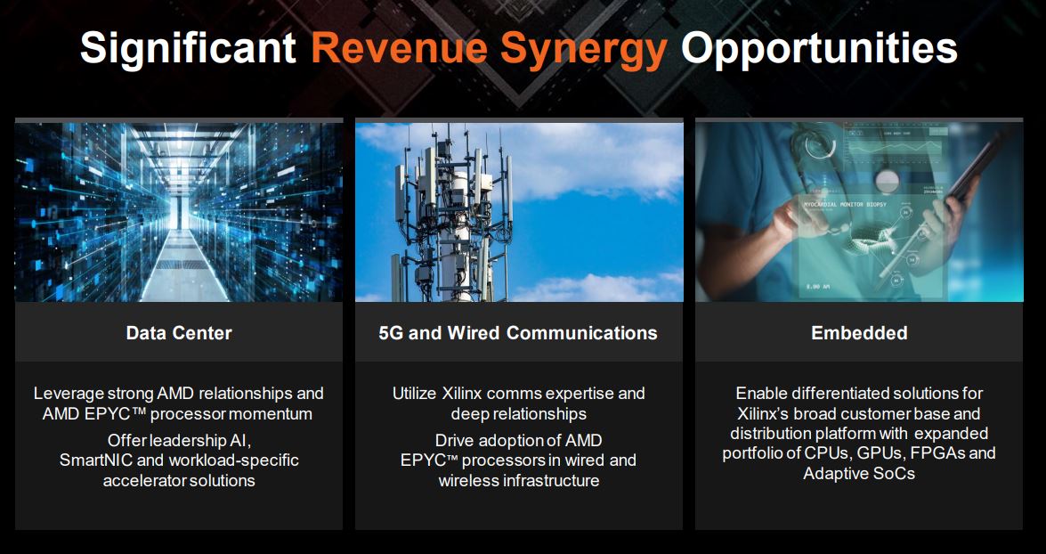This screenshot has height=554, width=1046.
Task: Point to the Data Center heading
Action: click(x=179, y=332)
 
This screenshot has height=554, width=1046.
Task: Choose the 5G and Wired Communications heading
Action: click(x=518, y=332)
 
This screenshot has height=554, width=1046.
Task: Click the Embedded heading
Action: click(x=859, y=332)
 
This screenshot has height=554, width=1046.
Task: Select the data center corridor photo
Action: click(x=179, y=212)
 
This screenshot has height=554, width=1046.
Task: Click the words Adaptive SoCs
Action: click(x=859, y=474)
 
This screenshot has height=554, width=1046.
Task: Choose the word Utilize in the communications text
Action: click(x=414, y=393)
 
